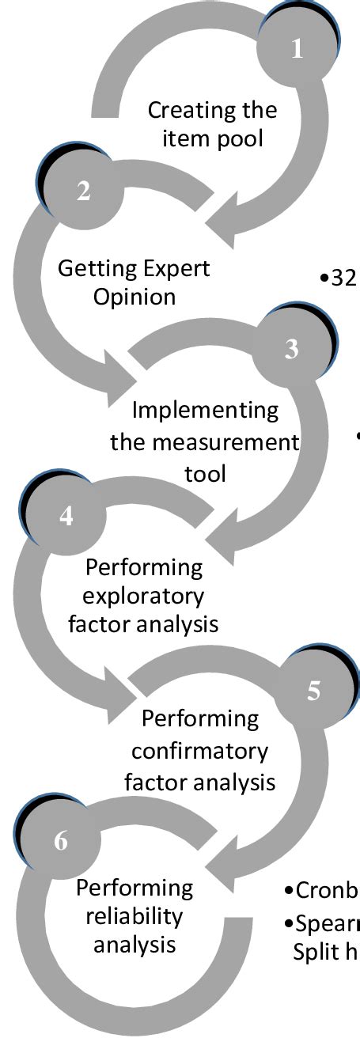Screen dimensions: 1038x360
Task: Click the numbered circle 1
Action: point(297,49)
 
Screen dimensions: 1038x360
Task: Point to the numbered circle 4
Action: point(66,515)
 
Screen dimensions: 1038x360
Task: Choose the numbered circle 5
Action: point(314,690)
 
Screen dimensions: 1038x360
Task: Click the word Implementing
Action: point(206,411)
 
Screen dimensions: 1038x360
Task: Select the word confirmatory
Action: point(200,750)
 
